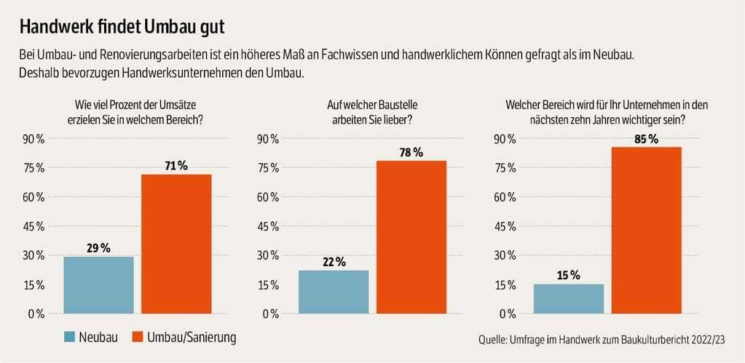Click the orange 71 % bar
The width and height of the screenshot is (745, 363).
tap(176, 244)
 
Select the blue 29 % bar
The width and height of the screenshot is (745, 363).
tap(99, 284)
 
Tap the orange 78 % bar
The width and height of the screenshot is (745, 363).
tap(411, 237)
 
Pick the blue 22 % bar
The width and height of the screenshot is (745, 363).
tap(334, 292)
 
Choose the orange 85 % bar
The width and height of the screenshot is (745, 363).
tap(646, 230)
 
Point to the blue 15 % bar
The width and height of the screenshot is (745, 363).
tap(569, 298)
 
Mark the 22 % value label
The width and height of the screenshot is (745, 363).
tap(334, 262)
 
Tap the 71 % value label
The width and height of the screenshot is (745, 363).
tap(176, 166)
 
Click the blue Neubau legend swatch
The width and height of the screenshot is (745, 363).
tap(70, 338)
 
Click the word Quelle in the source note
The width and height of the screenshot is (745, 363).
tap(493, 340)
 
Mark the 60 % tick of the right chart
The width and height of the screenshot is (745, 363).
tap(505, 197)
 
